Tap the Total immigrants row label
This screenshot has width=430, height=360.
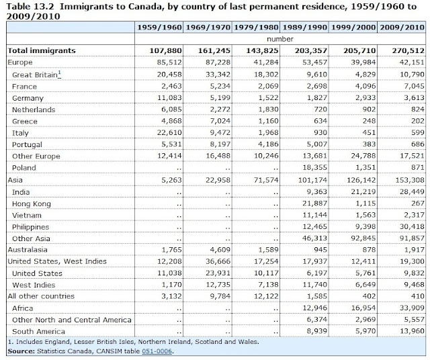[x=41, y=50]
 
